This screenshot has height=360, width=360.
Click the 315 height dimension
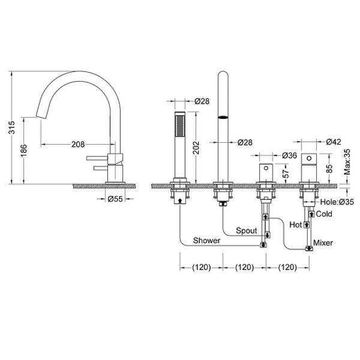(11, 127)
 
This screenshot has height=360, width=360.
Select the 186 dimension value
(23, 151)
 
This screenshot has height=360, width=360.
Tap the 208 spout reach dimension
(78, 145)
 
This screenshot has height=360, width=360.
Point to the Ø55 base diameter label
(115, 199)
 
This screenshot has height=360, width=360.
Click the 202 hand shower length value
(197, 148)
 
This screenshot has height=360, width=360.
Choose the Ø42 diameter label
(334, 142)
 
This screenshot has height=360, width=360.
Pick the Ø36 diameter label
(290, 155)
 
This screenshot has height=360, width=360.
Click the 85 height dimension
(329, 169)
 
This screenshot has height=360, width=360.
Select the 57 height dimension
(286, 174)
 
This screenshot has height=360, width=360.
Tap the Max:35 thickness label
(347, 162)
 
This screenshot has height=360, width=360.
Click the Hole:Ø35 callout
(337, 202)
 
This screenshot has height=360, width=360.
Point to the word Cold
(324, 214)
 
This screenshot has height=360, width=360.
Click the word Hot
(295, 224)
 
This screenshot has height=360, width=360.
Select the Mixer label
(323, 242)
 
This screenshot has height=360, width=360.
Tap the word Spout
(247, 231)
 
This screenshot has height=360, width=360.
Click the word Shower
(206, 241)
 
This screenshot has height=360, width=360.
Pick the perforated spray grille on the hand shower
(180, 126)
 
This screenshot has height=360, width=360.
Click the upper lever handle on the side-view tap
(97, 158)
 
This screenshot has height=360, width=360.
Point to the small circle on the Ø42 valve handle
(309, 158)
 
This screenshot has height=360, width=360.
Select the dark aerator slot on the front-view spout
(223, 118)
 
